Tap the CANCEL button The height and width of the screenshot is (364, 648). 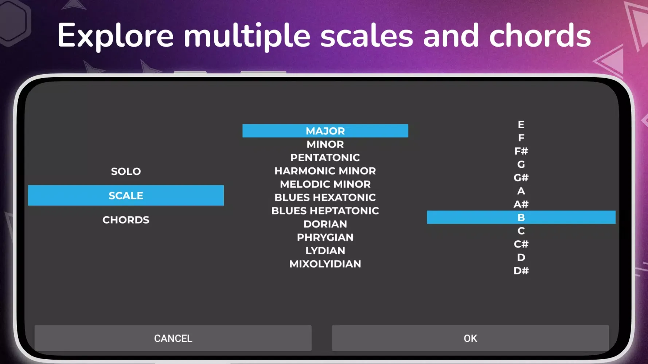173,338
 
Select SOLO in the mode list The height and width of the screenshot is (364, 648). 126,171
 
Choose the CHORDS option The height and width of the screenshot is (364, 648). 126,220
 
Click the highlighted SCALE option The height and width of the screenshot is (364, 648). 126,195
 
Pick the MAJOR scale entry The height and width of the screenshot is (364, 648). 325,131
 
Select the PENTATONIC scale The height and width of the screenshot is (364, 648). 325,158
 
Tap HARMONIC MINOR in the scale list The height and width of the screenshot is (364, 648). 325,171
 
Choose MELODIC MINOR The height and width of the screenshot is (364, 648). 325,184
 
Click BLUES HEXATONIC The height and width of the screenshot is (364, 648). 325,197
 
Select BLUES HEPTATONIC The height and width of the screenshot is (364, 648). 325,211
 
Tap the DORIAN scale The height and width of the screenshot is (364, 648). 325,224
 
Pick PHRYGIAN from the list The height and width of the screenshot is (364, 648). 325,237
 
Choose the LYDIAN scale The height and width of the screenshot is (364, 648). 325,250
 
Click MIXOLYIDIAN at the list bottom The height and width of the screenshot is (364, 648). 325,264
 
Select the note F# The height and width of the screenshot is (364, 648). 521,151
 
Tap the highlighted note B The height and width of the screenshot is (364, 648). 521,217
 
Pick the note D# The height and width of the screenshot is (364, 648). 521,271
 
